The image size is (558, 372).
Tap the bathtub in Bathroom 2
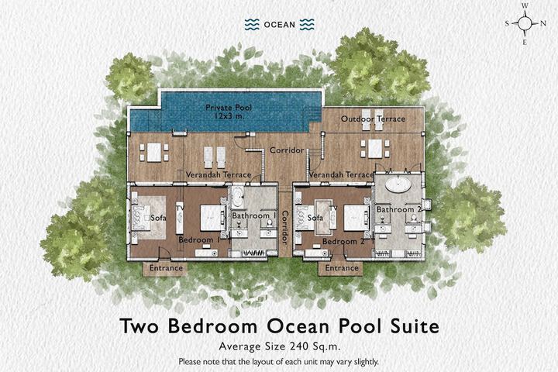tap(398, 185)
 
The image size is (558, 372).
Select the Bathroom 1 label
tap(254, 215)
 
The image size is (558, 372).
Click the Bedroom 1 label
tap(199, 240)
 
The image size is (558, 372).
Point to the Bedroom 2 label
tap(343, 241)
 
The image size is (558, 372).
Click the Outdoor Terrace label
tap(373, 119)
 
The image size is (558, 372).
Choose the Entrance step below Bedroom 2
tap(340, 268)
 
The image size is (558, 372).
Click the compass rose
tap(525, 23)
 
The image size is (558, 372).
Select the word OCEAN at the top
tap(279, 25)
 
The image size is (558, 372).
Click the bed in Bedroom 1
tap(213, 218)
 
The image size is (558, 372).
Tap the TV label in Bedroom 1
tap(180, 208)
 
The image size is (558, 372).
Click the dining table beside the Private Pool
tap(154, 153)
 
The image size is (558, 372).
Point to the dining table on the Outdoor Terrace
tap(375, 149)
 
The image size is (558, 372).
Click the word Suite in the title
tap(415, 325)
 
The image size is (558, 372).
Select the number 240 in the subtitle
tap(298, 346)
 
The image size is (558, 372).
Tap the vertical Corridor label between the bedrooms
tap(285, 228)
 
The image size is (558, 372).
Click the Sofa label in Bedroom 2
tap(315, 218)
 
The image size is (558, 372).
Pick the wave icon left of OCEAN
tap(252, 24)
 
